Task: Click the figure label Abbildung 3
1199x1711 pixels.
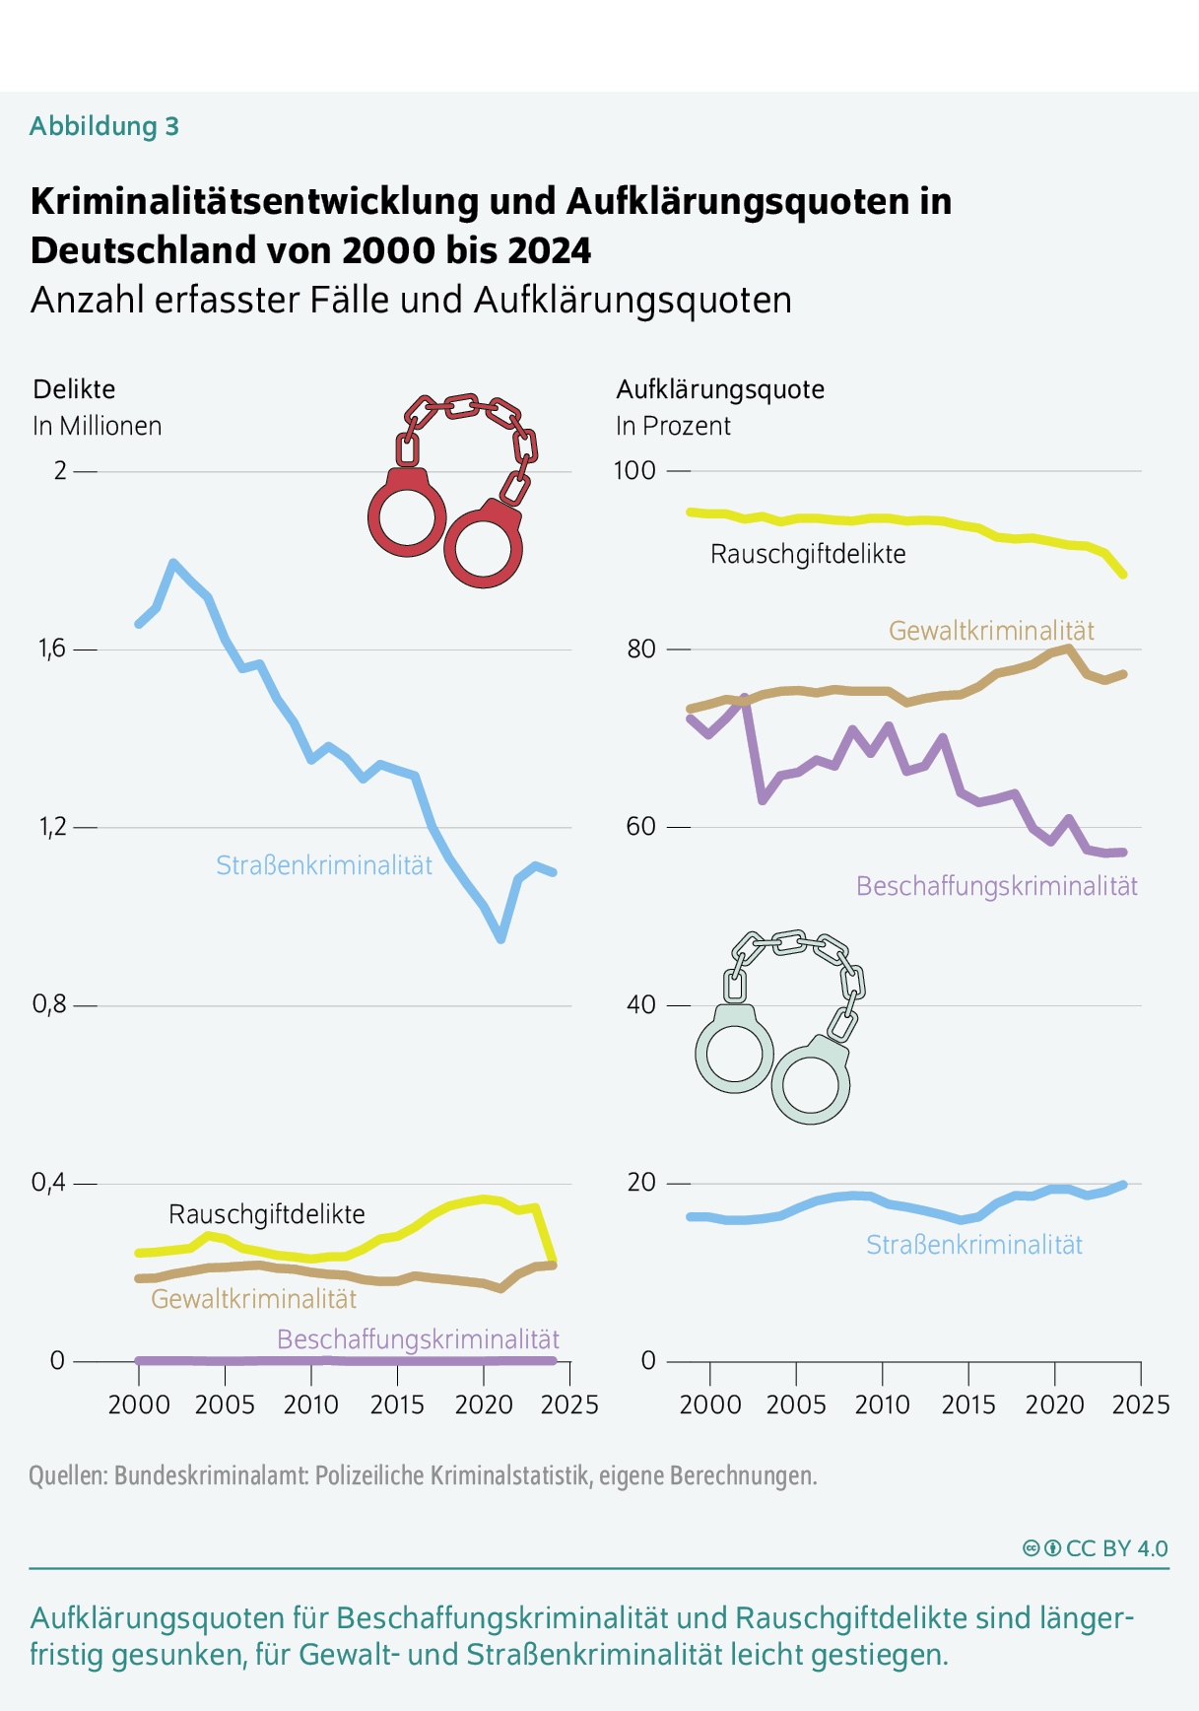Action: tap(104, 126)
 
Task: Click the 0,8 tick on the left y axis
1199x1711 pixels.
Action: tap(49, 1004)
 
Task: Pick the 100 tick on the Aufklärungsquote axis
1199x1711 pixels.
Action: tap(634, 470)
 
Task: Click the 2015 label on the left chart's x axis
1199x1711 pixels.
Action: tap(397, 1404)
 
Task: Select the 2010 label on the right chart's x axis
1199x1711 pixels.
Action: tap(882, 1404)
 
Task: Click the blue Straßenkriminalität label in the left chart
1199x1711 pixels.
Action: tap(324, 865)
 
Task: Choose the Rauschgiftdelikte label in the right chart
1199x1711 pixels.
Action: tap(808, 554)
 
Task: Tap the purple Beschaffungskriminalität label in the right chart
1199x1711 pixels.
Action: tap(996, 886)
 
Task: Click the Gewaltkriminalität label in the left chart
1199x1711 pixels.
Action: tap(253, 1299)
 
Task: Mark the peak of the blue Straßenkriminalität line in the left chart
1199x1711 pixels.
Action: tap(173, 563)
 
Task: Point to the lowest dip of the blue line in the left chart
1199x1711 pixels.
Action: tap(501, 939)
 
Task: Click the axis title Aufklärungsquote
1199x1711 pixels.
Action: tap(720, 389)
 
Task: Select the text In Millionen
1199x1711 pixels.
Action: tap(97, 426)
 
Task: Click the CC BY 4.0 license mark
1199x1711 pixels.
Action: tap(1096, 1548)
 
